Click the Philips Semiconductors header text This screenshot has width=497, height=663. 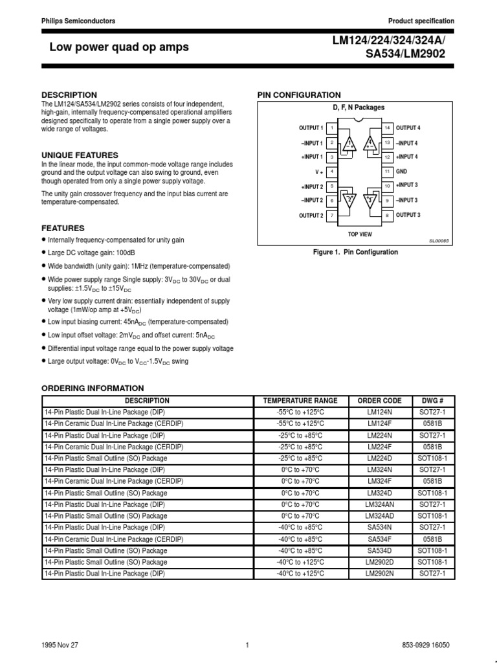(78, 21)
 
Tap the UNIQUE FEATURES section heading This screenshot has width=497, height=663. (80, 155)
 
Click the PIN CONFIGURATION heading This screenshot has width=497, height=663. (299, 95)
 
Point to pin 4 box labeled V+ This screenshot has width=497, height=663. (332, 172)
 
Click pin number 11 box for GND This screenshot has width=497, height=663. (387, 172)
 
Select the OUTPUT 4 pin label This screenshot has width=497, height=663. (408, 128)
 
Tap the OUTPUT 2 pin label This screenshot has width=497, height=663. (311, 216)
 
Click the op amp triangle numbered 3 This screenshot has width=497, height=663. (371, 199)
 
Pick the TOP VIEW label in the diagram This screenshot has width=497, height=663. (360, 233)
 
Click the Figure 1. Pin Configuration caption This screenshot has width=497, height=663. (356, 253)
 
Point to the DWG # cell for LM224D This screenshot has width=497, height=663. (432, 458)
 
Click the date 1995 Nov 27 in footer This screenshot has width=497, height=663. (60, 645)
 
